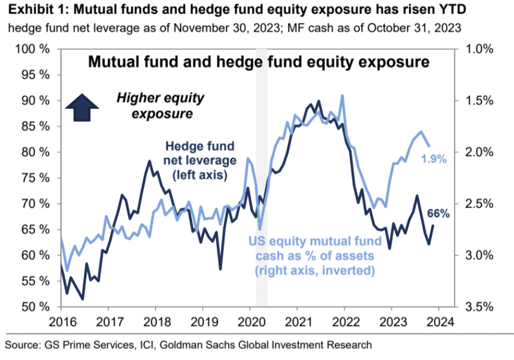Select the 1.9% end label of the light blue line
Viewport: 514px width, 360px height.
[x=434, y=160]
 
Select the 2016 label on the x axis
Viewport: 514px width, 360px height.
[x=60, y=322]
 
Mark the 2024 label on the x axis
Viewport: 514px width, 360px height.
[x=438, y=322]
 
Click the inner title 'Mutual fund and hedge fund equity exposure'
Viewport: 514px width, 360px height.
[x=259, y=61]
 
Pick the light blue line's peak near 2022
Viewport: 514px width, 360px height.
[x=341, y=96]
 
